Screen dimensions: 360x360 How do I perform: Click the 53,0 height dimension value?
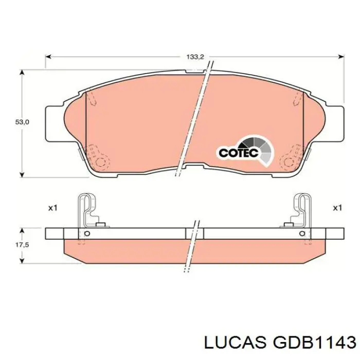[x=22, y=122]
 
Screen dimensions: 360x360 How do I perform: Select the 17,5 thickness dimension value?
[x=22, y=245]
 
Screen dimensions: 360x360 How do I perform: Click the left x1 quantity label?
[x=52, y=208]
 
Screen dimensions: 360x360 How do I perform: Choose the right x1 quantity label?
[x=337, y=208]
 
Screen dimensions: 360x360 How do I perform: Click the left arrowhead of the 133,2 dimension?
[x=48, y=57]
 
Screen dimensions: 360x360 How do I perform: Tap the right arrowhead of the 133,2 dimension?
[x=341, y=57]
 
